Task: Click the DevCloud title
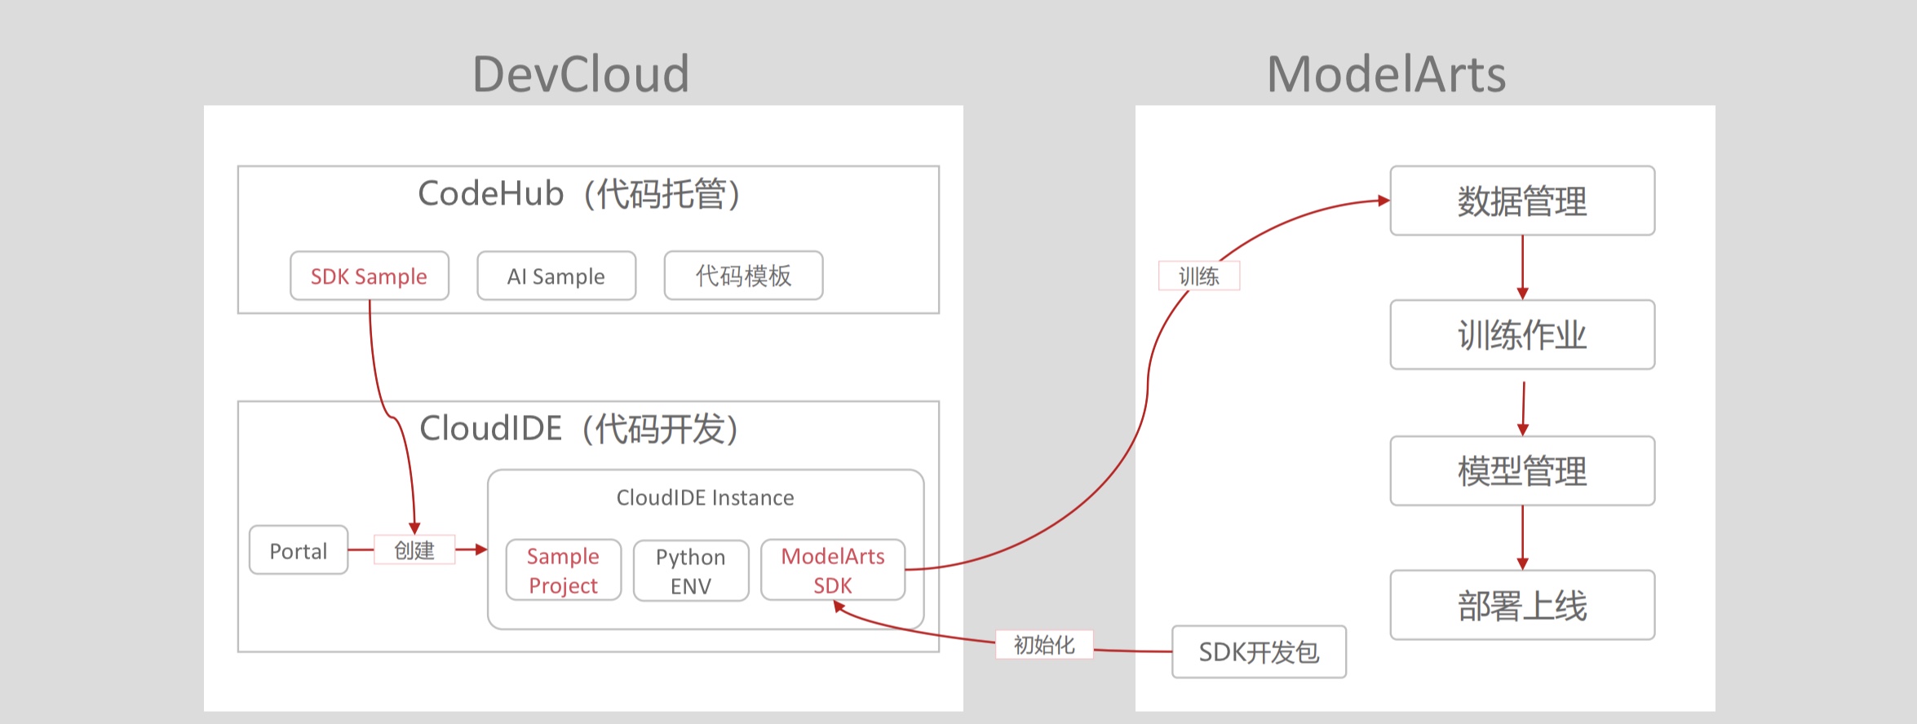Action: [581, 74]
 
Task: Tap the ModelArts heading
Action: [1386, 74]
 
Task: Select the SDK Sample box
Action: [370, 276]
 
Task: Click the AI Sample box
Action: [556, 276]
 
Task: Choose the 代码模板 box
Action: [743, 276]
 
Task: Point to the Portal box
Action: [299, 550]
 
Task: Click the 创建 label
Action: [414, 550]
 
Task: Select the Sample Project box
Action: [564, 571]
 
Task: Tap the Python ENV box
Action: [691, 571]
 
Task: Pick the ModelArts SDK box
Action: [833, 571]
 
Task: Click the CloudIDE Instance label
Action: [705, 497]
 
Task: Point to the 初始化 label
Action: [1044, 645]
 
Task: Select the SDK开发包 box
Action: [1259, 651]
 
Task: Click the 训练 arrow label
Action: [1199, 276]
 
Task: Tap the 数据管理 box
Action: [1522, 201]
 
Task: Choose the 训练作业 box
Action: [1522, 334]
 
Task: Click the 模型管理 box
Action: [1522, 470]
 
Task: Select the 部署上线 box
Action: [1522, 605]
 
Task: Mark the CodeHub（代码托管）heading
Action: [579, 194]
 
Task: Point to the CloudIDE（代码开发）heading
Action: [579, 429]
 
